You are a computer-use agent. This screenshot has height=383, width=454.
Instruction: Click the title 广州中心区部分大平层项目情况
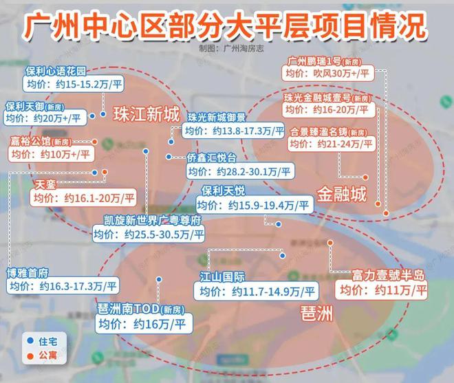(x=226, y=25)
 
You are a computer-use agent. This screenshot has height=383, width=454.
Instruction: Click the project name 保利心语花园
(x=56, y=72)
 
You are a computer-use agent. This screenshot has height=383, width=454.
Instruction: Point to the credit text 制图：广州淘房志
(x=226, y=49)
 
